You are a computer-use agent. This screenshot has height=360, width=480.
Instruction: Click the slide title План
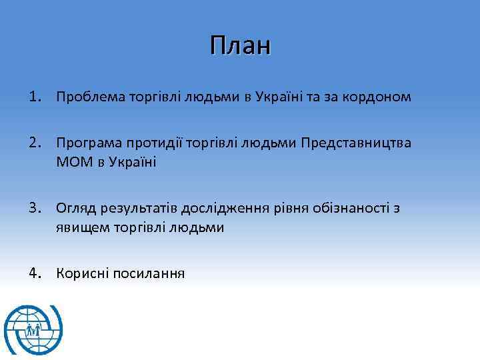pos(239,46)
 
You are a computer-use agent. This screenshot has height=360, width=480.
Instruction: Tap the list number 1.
pos(34,97)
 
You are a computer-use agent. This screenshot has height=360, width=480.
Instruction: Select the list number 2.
pos(34,143)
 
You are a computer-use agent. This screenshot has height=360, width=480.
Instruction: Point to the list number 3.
pos(34,208)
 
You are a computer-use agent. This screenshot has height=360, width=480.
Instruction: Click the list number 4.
pos(34,273)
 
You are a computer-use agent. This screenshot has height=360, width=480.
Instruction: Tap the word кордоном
pos(378,97)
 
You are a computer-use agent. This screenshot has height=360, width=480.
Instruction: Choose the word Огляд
pos(75,208)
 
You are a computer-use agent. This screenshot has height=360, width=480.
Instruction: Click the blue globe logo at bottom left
pos(33,330)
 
